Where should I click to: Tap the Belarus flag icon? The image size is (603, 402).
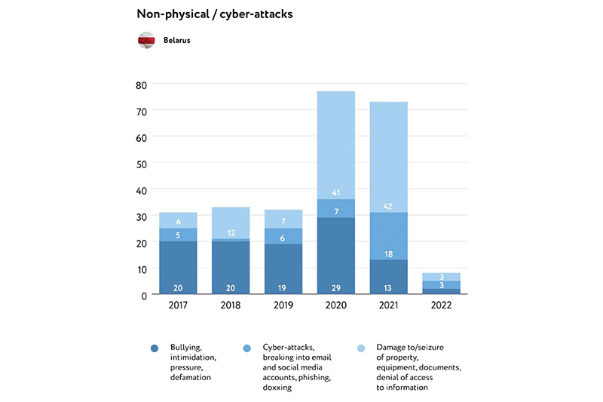click(x=146, y=40)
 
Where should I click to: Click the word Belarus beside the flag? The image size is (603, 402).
click(x=176, y=41)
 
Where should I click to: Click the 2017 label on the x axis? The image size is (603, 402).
click(x=178, y=306)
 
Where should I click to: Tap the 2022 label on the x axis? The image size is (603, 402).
click(x=441, y=306)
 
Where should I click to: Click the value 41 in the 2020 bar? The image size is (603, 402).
click(x=335, y=192)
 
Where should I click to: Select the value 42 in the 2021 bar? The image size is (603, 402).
click(x=388, y=206)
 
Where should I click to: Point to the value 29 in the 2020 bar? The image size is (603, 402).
click(x=335, y=288)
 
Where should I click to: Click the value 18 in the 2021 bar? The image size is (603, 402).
click(x=388, y=254)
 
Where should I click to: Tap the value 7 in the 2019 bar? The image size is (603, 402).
click(x=283, y=222)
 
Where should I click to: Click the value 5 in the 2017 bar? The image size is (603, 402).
click(x=178, y=235)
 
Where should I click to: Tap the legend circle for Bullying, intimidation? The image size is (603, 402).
click(x=154, y=348)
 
